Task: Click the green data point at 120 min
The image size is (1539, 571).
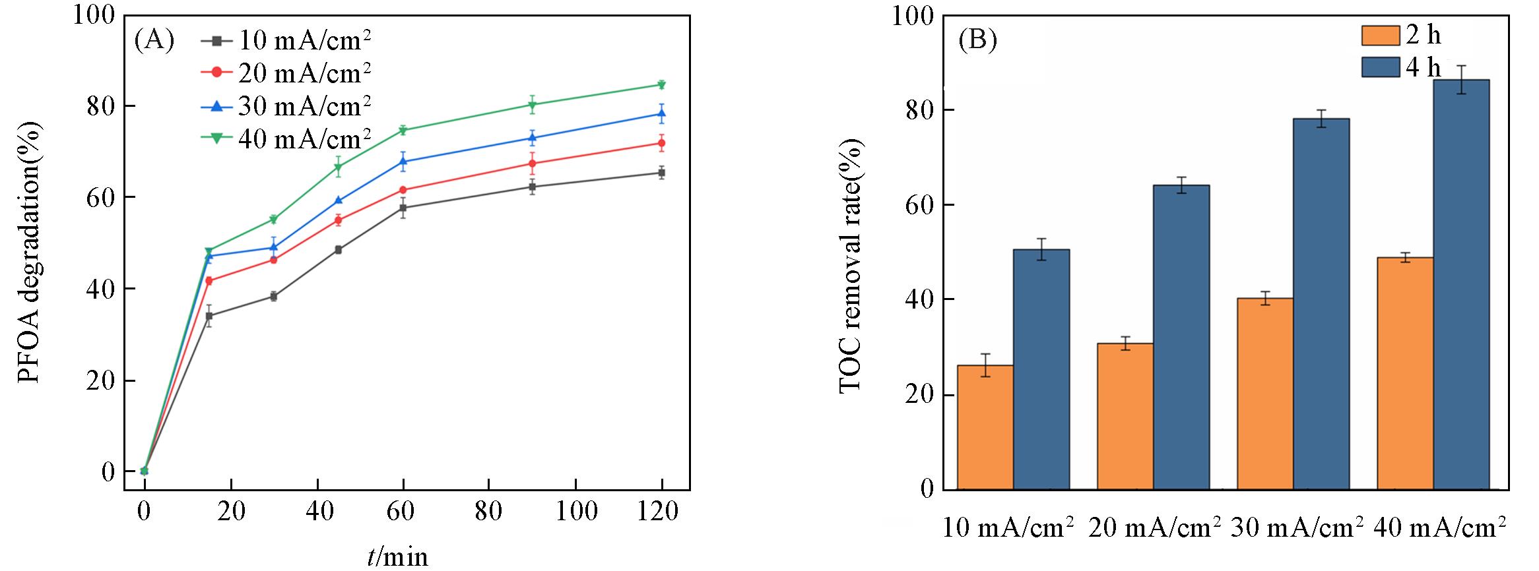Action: coord(662,84)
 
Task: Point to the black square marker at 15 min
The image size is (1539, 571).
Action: coord(209,316)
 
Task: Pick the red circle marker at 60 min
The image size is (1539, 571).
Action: coord(403,190)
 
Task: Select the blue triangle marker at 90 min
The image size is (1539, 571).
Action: coord(532,138)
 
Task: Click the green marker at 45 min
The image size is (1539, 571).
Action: coord(338,167)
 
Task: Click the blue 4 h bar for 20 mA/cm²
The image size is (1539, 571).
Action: coord(1181,337)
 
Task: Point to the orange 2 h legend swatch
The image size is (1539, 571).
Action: coord(1381,36)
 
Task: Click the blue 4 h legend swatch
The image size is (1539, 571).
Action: coord(1381,67)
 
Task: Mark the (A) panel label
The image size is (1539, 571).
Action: coord(154,41)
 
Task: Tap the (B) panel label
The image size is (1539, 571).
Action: coord(977,41)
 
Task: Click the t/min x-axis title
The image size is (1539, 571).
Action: coord(397,557)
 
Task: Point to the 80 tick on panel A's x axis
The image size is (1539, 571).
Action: coord(489,512)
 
